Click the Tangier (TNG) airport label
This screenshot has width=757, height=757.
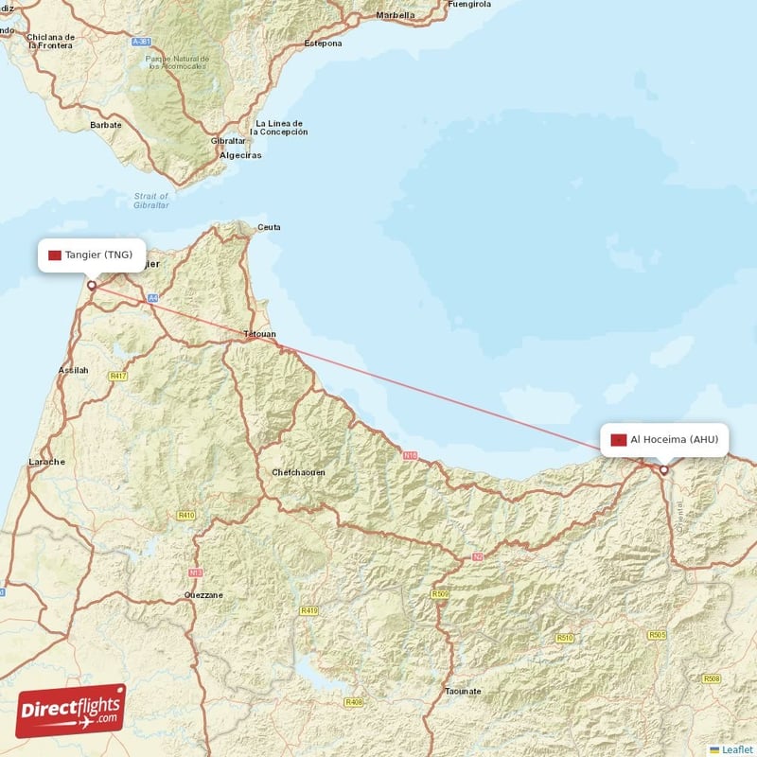pyautogui.click(x=92, y=255)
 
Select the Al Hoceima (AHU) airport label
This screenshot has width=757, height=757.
pyautogui.click(x=665, y=439)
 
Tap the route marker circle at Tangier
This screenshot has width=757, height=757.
pyautogui.click(x=92, y=285)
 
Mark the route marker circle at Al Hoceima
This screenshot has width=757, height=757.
pyautogui.click(x=664, y=469)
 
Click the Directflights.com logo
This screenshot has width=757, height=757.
pyautogui.click(x=71, y=711)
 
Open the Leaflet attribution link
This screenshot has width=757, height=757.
pyautogui.click(x=737, y=749)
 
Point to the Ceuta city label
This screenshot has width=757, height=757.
pyautogui.click(x=270, y=227)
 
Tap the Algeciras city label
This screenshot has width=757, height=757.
pyautogui.click(x=240, y=155)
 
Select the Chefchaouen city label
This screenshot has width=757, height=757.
pyautogui.click(x=299, y=472)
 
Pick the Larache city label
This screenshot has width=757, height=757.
pyautogui.click(x=47, y=462)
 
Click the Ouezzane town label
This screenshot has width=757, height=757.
pyautogui.click(x=203, y=595)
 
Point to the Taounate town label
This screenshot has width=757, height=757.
pyautogui.click(x=463, y=692)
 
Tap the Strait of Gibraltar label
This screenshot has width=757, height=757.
pyautogui.click(x=151, y=201)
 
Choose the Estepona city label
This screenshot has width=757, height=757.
pyautogui.click(x=322, y=44)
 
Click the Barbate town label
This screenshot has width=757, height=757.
pyautogui.click(x=106, y=125)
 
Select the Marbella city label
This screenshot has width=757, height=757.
pyautogui.click(x=396, y=15)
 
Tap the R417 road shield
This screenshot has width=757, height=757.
pyautogui.click(x=117, y=376)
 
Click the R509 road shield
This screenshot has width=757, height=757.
pyautogui.click(x=440, y=594)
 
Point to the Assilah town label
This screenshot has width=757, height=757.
pyautogui.click(x=73, y=370)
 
